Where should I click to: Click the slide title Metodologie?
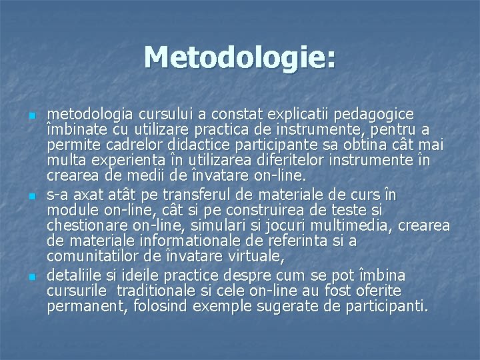coord(240,57)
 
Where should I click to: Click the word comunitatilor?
coord(90,257)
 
